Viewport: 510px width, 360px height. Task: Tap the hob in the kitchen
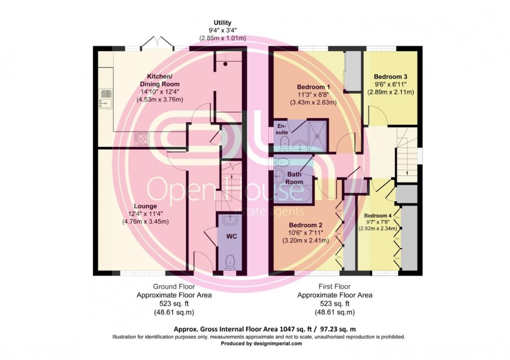tap(142, 138)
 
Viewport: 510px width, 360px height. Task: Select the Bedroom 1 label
tap(313, 86)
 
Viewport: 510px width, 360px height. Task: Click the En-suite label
tap(282, 129)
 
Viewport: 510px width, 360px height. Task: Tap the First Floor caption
tap(335, 286)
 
